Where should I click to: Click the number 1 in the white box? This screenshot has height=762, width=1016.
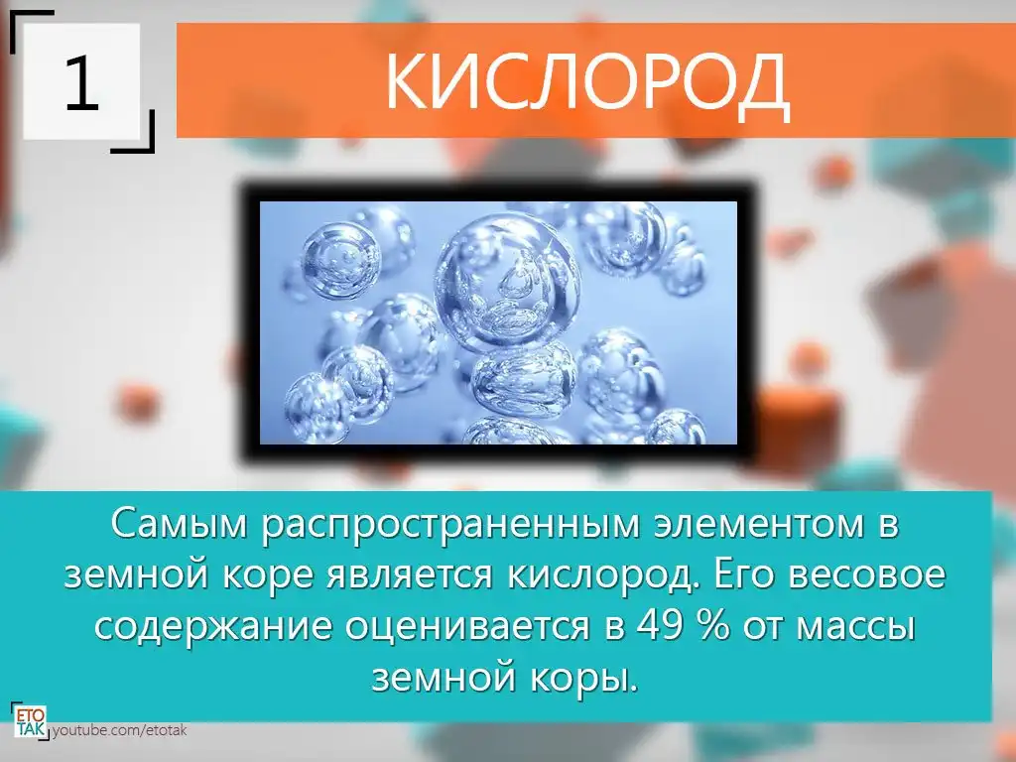tap(81, 82)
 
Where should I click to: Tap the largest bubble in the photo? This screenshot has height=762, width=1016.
tap(507, 283)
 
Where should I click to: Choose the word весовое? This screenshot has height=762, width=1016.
tap(867, 575)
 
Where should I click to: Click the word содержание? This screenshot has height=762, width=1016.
tap(214, 627)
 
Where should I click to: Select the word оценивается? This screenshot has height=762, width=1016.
tap(467, 627)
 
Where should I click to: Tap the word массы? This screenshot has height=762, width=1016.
tap(855, 627)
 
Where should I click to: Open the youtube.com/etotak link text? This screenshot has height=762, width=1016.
tap(119, 730)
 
